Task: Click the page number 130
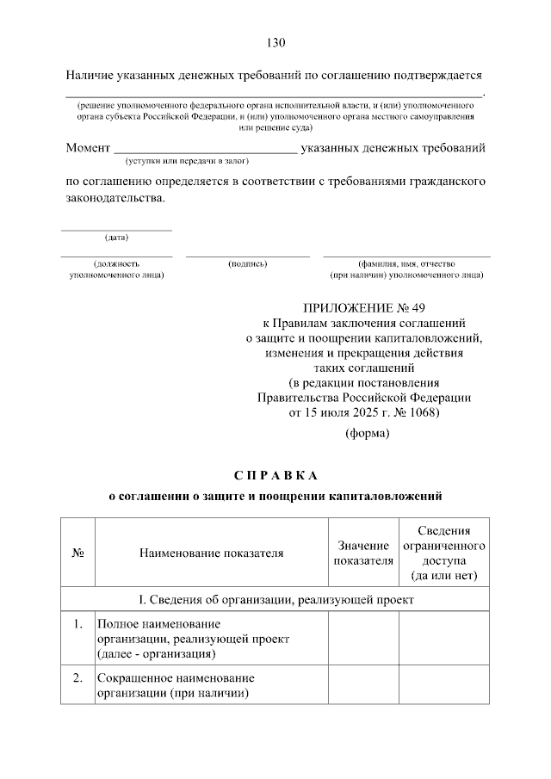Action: pos(275,43)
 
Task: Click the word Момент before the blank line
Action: pos(89,148)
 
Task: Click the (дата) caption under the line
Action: pos(116,238)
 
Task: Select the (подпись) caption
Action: pos(248,263)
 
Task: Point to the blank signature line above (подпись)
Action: pos(248,256)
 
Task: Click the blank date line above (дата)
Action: pos(116,230)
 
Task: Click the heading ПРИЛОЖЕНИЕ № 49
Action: pos(364,307)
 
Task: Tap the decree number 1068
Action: pos(420,413)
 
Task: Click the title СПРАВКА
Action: pos(275,475)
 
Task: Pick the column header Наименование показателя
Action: pos(211,553)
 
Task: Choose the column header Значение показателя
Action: pos(362,553)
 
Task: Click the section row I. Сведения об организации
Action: pos(275,599)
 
